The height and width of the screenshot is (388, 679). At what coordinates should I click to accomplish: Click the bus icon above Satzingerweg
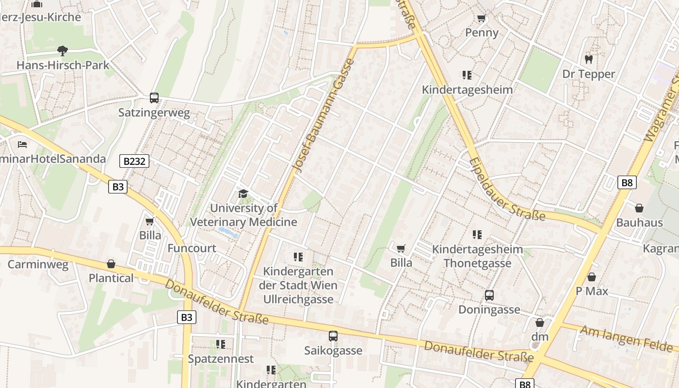(154, 97)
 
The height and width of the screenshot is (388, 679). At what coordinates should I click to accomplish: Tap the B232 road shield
(134, 161)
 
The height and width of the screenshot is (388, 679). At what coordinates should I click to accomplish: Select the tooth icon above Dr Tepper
(589, 59)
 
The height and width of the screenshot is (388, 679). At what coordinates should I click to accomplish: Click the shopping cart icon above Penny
(481, 18)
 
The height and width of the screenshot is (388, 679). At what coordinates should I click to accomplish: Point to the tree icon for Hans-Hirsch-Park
(62, 50)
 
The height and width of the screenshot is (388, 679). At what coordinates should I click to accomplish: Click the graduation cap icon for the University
(243, 194)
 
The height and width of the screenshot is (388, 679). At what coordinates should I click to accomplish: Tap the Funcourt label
(192, 248)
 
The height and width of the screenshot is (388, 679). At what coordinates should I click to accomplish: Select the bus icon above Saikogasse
(333, 336)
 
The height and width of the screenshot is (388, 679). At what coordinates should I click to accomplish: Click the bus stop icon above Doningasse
(489, 295)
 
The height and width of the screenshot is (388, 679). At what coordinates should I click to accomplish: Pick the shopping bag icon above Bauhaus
(639, 208)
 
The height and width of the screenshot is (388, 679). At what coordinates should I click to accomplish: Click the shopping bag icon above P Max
(592, 277)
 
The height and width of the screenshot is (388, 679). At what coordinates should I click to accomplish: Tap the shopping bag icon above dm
(540, 322)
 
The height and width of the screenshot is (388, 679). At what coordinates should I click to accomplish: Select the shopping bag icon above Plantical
(111, 264)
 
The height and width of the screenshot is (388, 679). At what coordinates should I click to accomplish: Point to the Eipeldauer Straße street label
(506, 189)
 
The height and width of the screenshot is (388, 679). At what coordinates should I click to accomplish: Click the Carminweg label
(38, 265)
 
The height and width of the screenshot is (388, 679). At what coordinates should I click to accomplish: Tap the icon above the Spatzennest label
(221, 344)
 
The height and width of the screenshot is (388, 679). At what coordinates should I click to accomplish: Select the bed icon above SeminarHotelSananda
(22, 144)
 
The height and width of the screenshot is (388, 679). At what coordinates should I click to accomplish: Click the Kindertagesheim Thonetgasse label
(477, 256)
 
